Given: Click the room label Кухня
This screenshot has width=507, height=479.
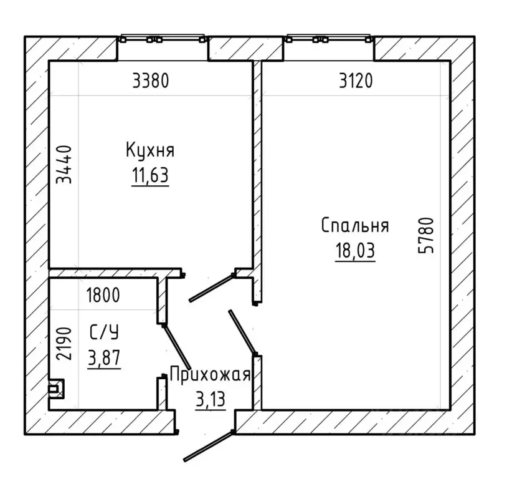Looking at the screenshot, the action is coord(150,150).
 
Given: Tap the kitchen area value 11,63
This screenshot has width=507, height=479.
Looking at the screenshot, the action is coord(150,176).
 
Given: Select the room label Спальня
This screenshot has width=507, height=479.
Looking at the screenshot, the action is coord(355,225).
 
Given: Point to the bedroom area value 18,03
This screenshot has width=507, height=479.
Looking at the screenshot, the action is coord(355,250).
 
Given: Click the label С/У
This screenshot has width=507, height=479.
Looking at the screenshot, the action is coord(104,332).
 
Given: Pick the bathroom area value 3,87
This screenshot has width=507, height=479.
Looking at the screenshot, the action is coord(104,357).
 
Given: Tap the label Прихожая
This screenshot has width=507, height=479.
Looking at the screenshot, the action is coord(210,375).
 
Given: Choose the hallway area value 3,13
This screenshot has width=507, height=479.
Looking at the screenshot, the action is coord(210,400).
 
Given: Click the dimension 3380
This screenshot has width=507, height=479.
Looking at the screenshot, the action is coord(151,80).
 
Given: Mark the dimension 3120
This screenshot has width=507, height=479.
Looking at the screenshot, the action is coord(356,80).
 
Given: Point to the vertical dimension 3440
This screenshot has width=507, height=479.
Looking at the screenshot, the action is coord(64,165).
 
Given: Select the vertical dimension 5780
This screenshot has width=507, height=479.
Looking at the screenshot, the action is coord(425,236).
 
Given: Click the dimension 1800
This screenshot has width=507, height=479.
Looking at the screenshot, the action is coord(103,295).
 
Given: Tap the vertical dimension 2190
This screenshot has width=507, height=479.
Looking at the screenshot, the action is coord(64,344).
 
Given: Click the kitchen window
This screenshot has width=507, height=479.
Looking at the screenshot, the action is coord(163,38).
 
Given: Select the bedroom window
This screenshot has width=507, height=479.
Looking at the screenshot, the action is coord(329,38).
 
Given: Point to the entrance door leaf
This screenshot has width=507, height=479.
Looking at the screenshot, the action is coord(209,446).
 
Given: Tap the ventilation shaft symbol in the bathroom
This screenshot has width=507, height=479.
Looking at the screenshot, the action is coord(56,389).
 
